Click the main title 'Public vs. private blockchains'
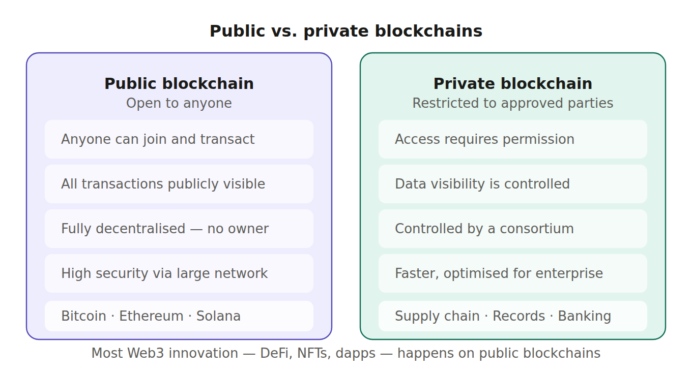tap(346, 32)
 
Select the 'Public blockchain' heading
tap(179, 84)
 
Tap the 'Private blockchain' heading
tap(513, 84)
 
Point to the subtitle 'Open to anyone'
tap(179, 104)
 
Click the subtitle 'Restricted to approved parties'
tap(513, 104)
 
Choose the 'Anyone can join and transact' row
tap(179, 139)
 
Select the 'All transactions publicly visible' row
tap(179, 184)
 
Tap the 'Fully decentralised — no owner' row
tap(179, 229)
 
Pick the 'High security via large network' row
tap(179, 273)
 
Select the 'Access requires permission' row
tap(513, 139)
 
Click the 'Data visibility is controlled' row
tap(513, 184)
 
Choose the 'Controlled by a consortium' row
tap(513, 229)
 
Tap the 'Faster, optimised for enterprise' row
tap(513, 273)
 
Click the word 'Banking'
tap(584, 316)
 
